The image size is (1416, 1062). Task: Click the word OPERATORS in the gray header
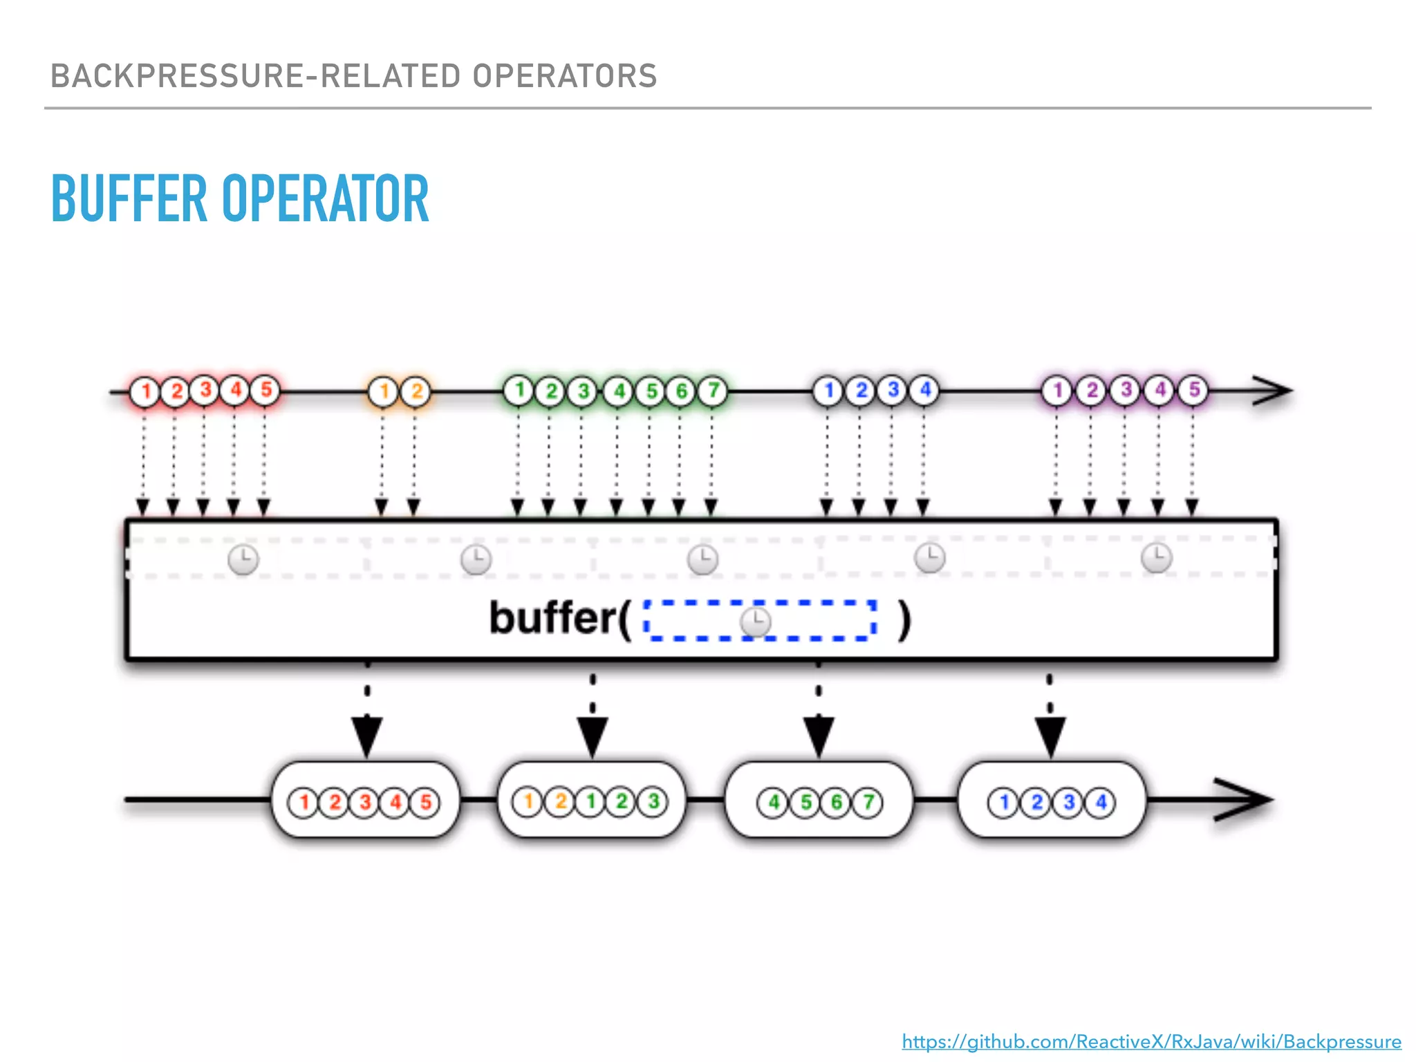click(564, 76)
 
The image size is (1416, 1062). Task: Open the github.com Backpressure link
click(1151, 1041)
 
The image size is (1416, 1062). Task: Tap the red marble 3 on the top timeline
click(205, 390)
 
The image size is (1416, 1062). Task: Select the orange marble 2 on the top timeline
click(416, 391)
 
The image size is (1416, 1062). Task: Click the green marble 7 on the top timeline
click(713, 390)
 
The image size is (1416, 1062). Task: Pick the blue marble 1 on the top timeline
click(828, 391)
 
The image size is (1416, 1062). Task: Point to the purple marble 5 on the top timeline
click(1193, 390)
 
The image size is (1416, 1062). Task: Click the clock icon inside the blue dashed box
click(755, 622)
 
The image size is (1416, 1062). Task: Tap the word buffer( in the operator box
click(559, 618)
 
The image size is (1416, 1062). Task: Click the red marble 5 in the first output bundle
click(425, 803)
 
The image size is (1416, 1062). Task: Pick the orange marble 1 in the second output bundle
click(528, 802)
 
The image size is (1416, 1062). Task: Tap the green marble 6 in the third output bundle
click(837, 803)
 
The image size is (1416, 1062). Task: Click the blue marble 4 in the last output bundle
click(1101, 803)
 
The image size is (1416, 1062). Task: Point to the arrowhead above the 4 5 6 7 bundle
click(819, 736)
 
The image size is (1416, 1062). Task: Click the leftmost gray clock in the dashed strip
click(243, 559)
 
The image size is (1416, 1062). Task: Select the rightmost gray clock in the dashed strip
click(1156, 558)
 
